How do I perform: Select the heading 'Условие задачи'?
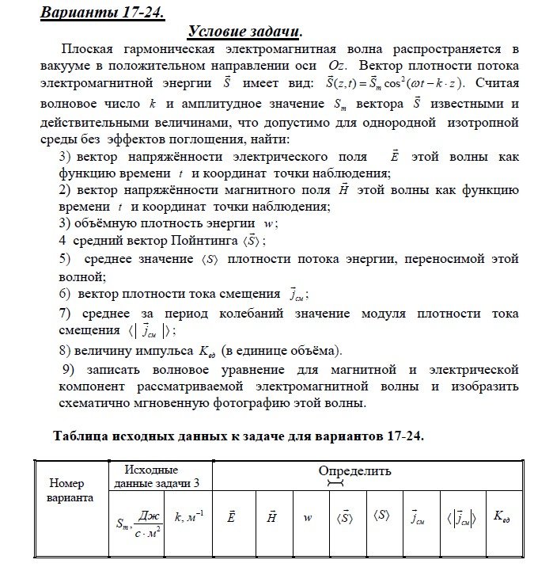[244, 32]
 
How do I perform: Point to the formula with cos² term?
[390, 83]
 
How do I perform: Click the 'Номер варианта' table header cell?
[71, 490]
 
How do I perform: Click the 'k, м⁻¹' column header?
[189, 517]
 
